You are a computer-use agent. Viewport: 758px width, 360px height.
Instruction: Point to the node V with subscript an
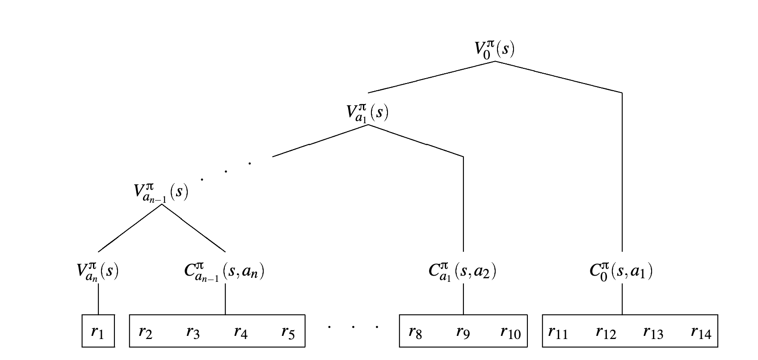pyautogui.click(x=97, y=272)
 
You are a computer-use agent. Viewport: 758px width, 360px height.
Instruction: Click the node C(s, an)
pyautogui.click(x=224, y=272)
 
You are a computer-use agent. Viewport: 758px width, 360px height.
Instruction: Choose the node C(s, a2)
pyautogui.click(x=463, y=272)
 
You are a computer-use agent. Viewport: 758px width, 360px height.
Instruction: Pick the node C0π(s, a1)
pyautogui.click(x=621, y=272)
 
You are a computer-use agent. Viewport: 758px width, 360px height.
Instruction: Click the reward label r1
pyautogui.click(x=97, y=333)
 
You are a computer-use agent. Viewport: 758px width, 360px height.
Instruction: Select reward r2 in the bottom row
pyautogui.click(x=146, y=333)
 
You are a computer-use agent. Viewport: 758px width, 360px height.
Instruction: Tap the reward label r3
pyautogui.click(x=193, y=333)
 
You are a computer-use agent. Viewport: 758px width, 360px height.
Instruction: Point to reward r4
pyautogui.click(x=241, y=333)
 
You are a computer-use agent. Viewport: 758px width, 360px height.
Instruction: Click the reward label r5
pyautogui.click(x=288, y=333)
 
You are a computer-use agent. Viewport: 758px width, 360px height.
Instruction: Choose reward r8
pyautogui.click(x=415, y=333)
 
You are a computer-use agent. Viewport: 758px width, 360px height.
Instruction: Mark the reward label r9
pyautogui.click(x=463, y=333)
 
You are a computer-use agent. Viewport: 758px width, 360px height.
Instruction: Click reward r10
pyautogui.click(x=510, y=333)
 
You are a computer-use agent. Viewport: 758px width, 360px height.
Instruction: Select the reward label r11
pyautogui.click(x=558, y=333)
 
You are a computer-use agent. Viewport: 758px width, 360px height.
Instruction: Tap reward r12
pyautogui.click(x=606, y=333)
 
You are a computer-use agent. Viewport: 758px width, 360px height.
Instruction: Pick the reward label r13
pyautogui.click(x=653, y=333)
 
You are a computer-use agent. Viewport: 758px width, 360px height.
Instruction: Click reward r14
pyautogui.click(x=701, y=333)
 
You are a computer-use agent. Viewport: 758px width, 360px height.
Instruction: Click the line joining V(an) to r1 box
pyautogui.click(x=98, y=299)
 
